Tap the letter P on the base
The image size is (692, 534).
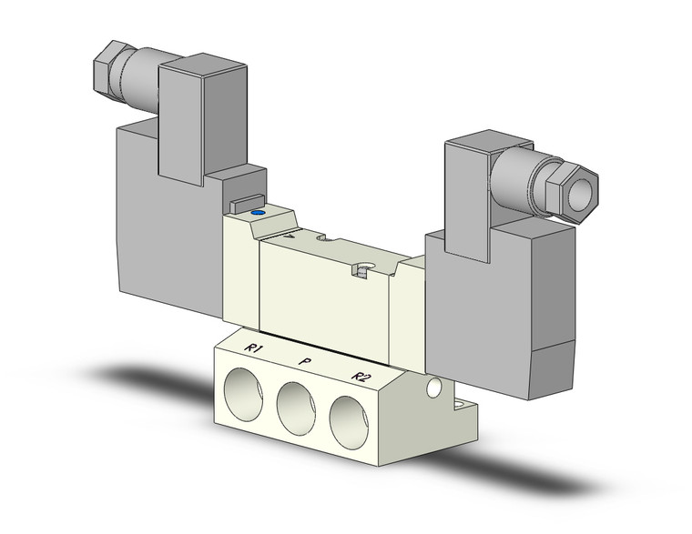[302, 360]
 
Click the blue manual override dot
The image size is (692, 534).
[257, 214]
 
